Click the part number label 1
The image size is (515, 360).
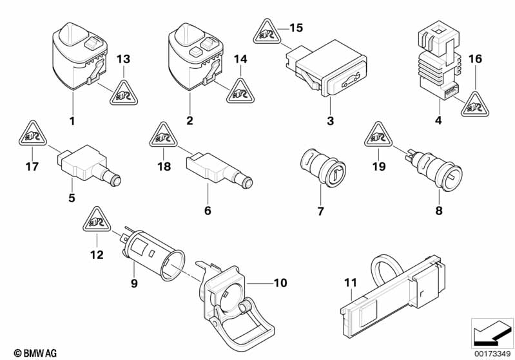pyautogui.click(x=72, y=120)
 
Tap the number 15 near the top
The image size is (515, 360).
pyautogui.click(x=295, y=28)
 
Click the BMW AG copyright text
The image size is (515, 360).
pyautogui.click(x=32, y=352)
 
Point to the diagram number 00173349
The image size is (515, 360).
pyautogui.click(x=491, y=352)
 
